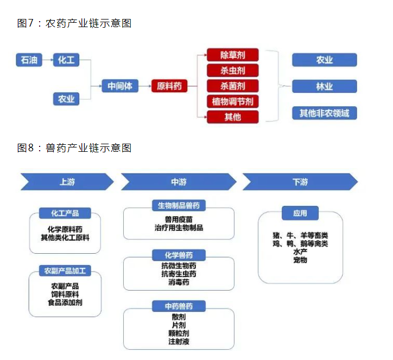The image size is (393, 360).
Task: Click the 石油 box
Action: (x=29, y=60)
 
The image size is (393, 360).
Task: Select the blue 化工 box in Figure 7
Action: (x=66, y=60)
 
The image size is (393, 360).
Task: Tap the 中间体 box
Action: (x=120, y=86)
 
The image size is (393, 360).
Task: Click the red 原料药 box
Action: (x=169, y=86)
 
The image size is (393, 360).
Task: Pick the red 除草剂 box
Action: (x=232, y=55)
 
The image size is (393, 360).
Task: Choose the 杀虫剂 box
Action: (x=232, y=70)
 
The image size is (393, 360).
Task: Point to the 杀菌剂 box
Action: (x=232, y=86)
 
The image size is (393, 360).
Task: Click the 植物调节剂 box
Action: (x=232, y=101)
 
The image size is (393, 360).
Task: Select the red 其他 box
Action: (x=232, y=117)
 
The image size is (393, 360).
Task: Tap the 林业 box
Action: (x=324, y=86)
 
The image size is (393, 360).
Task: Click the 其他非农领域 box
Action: (x=324, y=113)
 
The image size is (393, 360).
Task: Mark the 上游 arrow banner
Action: (x=67, y=182)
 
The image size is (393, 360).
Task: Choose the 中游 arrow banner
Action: (x=179, y=182)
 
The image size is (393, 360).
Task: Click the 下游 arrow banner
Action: (x=300, y=182)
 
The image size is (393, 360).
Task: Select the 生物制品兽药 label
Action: (x=179, y=205)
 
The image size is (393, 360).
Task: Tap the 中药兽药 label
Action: (x=179, y=306)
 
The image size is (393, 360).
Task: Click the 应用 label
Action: (x=300, y=213)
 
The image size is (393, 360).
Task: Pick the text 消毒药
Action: (x=179, y=282)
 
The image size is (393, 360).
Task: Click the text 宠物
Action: (x=300, y=260)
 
